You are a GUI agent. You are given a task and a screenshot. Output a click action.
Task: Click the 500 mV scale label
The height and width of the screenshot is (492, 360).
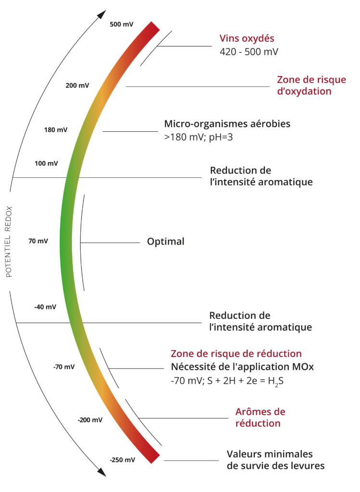click(x=122, y=24)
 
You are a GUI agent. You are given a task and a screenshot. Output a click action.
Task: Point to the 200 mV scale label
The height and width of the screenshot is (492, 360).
click(x=77, y=86)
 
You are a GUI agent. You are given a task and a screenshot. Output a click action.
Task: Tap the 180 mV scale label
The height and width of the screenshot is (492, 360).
click(x=56, y=130)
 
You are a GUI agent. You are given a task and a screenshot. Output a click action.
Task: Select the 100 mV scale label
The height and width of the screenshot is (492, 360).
click(x=46, y=163)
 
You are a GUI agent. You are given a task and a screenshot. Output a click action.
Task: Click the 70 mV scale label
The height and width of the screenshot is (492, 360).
click(x=38, y=241)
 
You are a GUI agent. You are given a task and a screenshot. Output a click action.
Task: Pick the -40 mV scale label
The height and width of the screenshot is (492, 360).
click(x=45, y=307)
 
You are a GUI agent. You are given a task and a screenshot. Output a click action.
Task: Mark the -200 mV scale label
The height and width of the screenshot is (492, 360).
click(x=90, y=420)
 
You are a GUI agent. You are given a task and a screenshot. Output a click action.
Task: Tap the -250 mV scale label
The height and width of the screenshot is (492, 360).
click(x=123, y=460)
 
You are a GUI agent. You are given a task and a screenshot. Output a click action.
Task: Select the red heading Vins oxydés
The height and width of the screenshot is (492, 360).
click(x=247, y=38)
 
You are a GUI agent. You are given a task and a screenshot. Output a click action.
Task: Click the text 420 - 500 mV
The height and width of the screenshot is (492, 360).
click(x=248, y=51)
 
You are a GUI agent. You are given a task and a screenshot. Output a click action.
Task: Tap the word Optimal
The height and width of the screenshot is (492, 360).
click(x=165, y=241)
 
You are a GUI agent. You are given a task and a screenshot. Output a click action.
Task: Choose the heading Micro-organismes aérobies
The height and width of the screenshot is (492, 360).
click(x=227, y=124)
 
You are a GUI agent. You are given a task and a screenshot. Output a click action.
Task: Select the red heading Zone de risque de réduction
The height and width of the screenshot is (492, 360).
click(x=236, y=354)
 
